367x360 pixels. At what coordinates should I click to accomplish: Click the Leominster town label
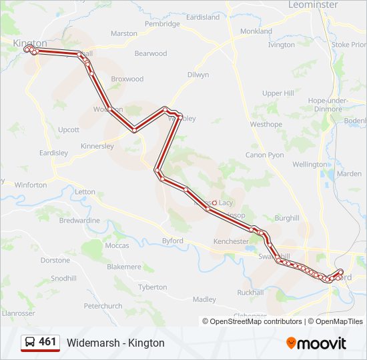click(313, 5)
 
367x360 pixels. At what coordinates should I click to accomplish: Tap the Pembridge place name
click(162, 24)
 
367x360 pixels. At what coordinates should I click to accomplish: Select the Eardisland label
click(202, 17)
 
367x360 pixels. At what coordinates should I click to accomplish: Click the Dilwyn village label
click(198, 75)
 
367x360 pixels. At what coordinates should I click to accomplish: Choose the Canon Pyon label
click(265, 155)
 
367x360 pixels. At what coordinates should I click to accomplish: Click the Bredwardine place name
click(79, 220)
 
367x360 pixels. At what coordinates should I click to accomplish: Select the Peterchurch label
click(103, 306)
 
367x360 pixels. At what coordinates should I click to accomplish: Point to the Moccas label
click(117, 245)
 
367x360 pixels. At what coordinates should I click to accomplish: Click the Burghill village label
click(287, 218)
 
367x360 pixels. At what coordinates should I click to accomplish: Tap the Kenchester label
click(231, 241)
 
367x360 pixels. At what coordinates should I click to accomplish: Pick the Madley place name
click(204, 299)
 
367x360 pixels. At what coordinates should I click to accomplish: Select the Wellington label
click(310, 164)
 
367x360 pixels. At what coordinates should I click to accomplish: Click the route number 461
click(47, 342)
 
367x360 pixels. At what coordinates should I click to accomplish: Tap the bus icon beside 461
click(31, 342)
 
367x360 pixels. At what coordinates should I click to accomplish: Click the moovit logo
click(316, 343)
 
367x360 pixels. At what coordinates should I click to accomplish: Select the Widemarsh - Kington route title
click(115, 343)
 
